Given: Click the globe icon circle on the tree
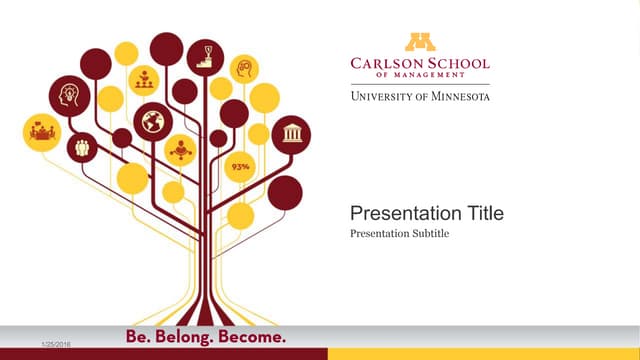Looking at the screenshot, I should coord(153,122).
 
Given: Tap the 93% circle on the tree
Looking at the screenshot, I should coord(240,167).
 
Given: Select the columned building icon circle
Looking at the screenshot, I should coord(291,134).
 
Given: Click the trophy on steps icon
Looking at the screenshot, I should coord(206,55).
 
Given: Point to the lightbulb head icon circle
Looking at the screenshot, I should coord(69,95).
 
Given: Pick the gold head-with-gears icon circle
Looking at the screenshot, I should coord(245,69).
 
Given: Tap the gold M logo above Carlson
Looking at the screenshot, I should coord(420,41).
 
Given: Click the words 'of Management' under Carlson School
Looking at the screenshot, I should coord(420,76).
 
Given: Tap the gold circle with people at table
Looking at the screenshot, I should coord(41,132).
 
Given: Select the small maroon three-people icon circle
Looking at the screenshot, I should coord(82,147).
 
